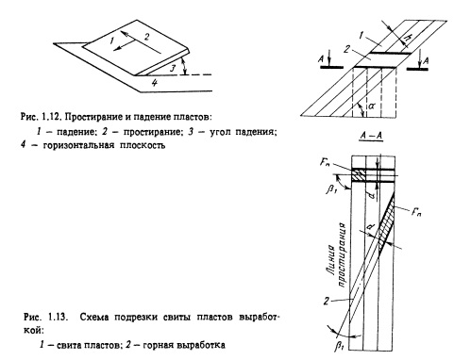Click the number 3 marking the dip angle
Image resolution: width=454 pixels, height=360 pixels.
173,68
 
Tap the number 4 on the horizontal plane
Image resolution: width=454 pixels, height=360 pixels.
154,83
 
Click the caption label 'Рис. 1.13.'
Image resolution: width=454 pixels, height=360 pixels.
46,317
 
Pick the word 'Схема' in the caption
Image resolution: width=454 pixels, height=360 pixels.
94,317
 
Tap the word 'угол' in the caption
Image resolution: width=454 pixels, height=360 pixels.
221,132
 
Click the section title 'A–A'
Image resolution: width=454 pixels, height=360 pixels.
371,136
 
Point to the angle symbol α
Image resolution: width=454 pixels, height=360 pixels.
371,106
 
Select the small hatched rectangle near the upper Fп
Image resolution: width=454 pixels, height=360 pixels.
360,175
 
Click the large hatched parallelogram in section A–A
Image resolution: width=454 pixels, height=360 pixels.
386,223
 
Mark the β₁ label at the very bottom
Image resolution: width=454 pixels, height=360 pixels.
338,347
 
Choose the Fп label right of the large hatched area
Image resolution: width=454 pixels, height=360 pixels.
416,212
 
